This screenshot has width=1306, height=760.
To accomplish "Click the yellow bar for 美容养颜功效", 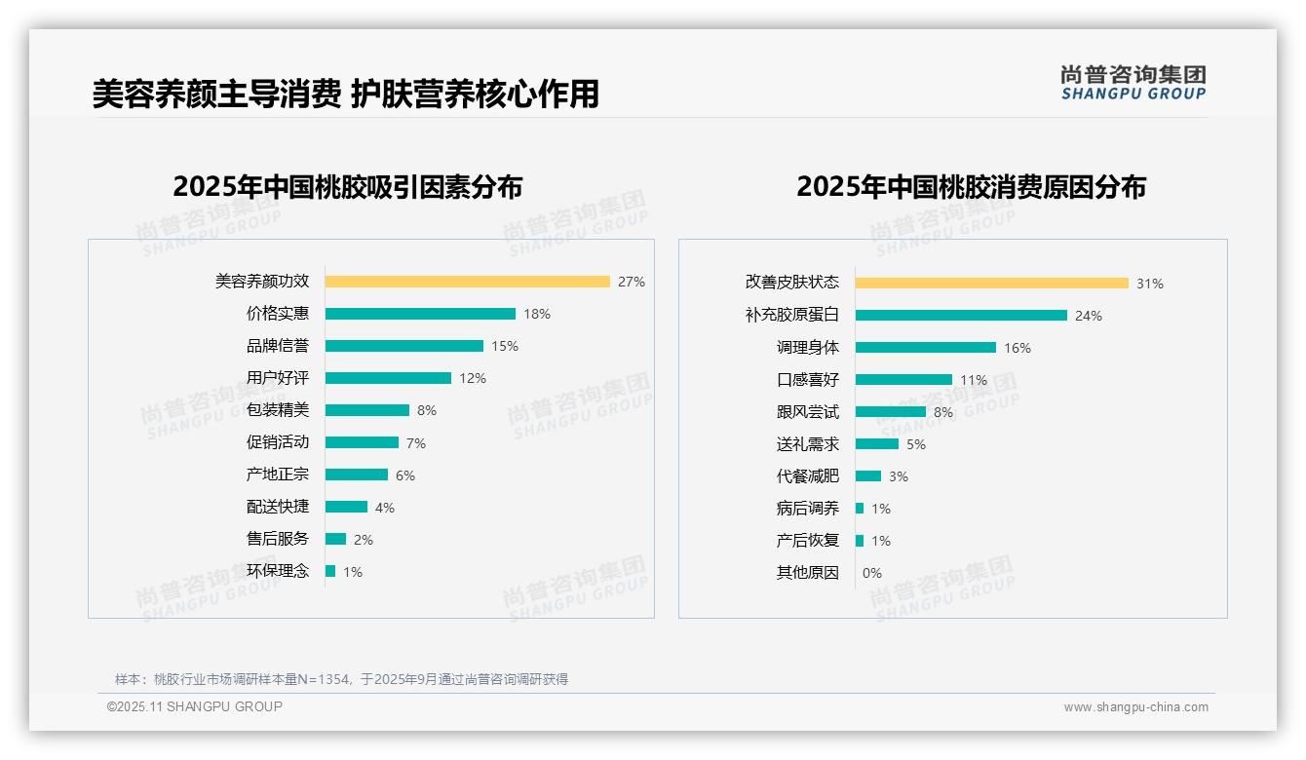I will point(467,282).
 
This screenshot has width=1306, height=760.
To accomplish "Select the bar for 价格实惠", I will point(420,314).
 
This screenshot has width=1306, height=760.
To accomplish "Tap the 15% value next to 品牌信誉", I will point(505,346).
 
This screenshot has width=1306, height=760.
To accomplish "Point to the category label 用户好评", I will point(278,378).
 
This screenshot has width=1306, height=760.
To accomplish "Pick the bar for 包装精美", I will point(367,410).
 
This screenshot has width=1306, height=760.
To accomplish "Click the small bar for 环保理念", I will point(330,571).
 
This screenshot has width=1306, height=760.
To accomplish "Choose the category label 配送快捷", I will point(278,507).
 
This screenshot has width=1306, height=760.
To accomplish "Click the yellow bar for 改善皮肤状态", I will point(991,284).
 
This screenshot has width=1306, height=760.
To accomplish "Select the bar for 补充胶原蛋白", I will point(961,316).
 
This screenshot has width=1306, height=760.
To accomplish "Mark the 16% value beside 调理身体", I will point(1018,348).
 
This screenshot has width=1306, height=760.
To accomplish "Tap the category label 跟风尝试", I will point(808,412).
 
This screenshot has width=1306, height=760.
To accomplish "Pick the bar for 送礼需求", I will point(877,444).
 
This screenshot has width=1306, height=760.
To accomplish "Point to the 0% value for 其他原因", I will point(872,573).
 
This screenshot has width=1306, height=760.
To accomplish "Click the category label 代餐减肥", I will point(808,476).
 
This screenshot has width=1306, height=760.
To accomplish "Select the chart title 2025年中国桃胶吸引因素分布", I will point(348,187).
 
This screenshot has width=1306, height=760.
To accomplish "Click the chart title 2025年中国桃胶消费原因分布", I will point(971,187).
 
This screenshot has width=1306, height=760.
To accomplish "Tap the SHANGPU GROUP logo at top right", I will point(1133,83).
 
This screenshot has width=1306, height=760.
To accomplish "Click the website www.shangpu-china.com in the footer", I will point(1135,707).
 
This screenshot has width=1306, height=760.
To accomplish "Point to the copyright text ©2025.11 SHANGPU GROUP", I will point(195,706).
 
